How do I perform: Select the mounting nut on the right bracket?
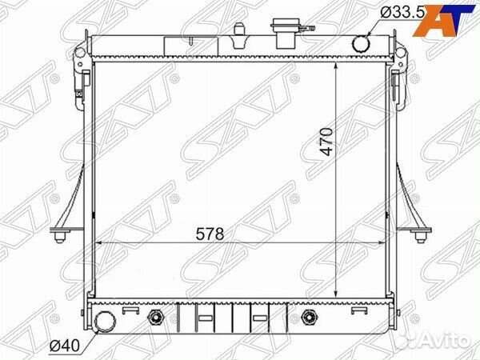click(x=422, y=234)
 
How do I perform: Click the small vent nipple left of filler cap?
click(x=238, y=31)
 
